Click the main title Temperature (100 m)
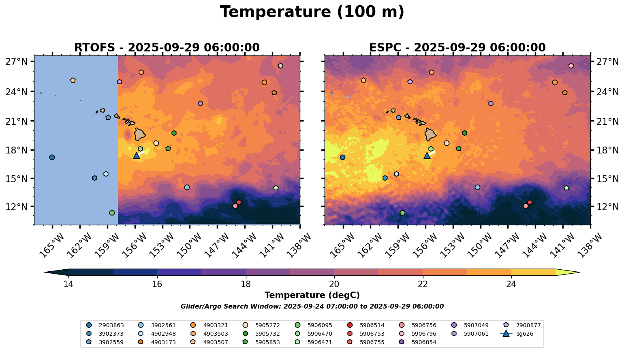[312, 12]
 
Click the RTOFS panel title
[167, 48]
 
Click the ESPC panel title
[457, 48]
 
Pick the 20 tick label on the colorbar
[334, 284]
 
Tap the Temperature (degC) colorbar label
[312, 295]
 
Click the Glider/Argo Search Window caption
[312, 307]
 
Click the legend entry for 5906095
[320, 325]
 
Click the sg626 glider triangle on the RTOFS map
[137, 156]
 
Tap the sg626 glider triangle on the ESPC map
[427, 156]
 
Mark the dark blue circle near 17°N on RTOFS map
[52, 157]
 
